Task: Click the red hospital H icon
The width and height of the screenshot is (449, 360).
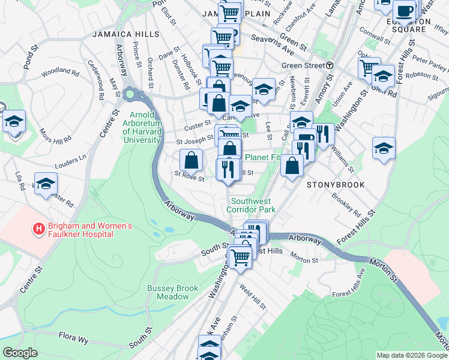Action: click(39, 229)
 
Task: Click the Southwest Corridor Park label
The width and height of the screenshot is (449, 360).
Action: click(250, 205)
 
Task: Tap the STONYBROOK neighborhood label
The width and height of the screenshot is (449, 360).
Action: click(336, 185)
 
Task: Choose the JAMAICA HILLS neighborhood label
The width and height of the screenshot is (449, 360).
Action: click(125, 35)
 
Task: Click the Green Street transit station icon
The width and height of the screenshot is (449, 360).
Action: click(330, 66)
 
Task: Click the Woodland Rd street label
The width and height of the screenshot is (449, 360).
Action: click(60, 74)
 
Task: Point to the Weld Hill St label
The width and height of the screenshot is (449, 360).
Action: click(252, 298)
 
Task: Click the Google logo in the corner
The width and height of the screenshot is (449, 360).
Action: click(19, 353)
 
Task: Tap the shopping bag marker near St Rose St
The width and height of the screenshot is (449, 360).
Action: click(191, 160)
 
